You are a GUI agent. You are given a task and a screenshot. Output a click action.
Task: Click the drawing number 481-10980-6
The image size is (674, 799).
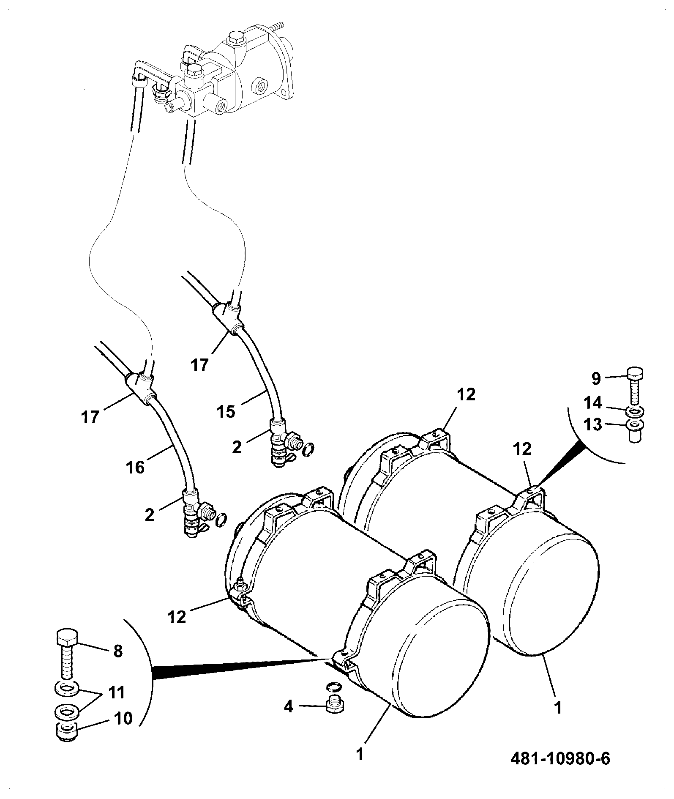(560, 759)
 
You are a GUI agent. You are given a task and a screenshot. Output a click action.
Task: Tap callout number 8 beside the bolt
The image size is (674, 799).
(118, 651)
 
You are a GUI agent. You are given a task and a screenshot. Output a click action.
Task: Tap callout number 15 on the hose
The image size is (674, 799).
(226, 412)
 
